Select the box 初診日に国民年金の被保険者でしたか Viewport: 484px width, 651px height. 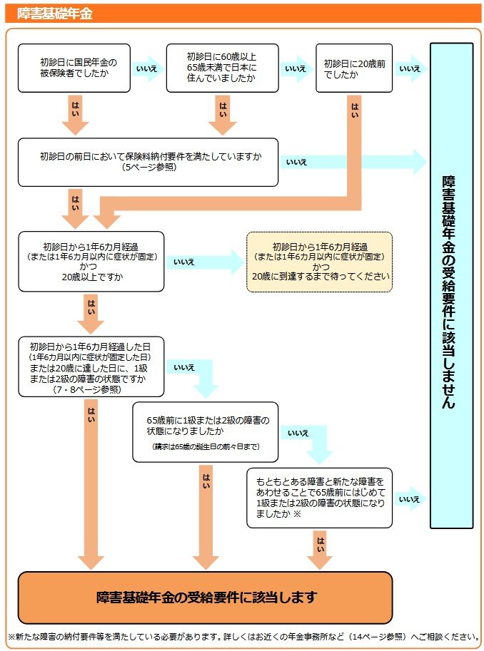[x=74, y=68]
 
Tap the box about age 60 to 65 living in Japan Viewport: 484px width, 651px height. [x=222, y=68]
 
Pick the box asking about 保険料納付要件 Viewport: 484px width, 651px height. [x=148, y=162]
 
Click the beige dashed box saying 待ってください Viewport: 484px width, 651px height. [x=319, y=261]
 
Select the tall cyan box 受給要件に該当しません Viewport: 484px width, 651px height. [x=451, y=285]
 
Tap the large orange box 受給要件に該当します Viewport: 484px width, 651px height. [x=206, y=597]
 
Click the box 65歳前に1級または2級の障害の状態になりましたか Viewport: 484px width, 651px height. [x=206, y=431]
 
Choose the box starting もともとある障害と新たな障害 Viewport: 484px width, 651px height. [x=319, y=498]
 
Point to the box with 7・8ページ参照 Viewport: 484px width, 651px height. [x=91, y=366]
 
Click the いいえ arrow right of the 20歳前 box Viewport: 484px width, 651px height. [x=411, y=68]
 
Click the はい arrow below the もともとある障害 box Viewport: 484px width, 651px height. [x=320, y=548]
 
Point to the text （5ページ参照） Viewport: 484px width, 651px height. [x=148, y=168]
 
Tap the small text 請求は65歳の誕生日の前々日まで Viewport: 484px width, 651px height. [x=206, y=446]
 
